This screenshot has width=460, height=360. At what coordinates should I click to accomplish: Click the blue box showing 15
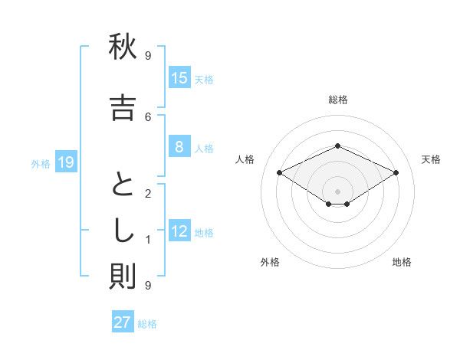(179, 78)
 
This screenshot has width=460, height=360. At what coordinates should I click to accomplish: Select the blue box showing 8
(179, 147)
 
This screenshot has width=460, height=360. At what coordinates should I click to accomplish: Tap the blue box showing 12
(179, 231)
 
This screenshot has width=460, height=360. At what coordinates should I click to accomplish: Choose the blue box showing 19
(65, 162)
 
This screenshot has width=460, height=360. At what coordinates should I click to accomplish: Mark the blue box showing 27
(123, 322)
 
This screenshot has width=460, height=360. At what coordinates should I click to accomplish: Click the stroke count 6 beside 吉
(148, 116)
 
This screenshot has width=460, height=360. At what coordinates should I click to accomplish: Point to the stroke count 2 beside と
(148, 193)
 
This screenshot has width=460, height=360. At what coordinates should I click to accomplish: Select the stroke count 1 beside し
(148, 240)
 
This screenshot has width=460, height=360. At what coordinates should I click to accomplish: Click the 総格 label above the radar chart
(338, 100)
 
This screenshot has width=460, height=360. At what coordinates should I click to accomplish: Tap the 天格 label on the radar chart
(431, 159)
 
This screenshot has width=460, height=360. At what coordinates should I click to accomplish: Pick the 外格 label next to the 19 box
(41, 163)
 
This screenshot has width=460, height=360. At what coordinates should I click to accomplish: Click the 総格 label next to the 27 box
(147, 324)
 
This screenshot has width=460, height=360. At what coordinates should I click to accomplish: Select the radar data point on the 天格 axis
(396, 174)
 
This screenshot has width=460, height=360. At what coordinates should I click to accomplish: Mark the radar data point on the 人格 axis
(280, 174)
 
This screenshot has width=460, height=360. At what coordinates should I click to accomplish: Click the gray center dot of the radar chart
(338, 191)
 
